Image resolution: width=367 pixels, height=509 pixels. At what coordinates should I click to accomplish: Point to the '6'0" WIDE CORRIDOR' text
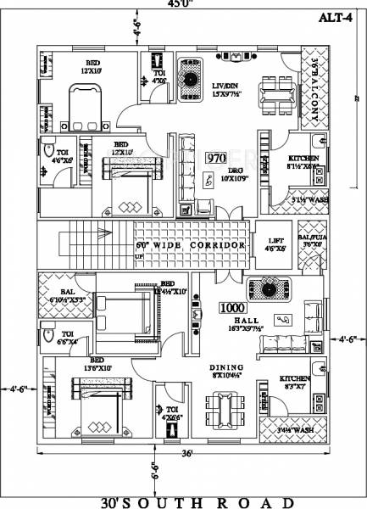pyautogui.click(x=192, y=245)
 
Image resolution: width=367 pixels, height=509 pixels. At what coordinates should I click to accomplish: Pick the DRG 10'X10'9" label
pyautogui.click(x=231, y=174)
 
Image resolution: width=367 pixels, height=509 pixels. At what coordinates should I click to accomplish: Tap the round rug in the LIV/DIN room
pyautogui.click(x=188, y=80)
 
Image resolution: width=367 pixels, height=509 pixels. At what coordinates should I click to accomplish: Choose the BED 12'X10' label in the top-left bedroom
pyautogui.click(x=91, y=69)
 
